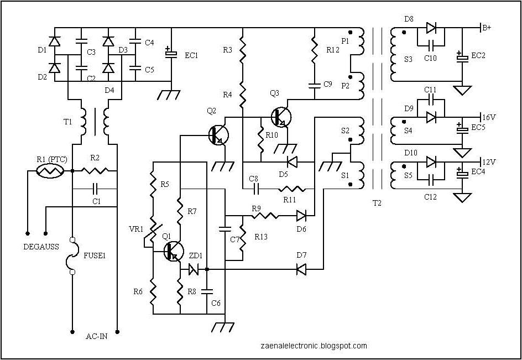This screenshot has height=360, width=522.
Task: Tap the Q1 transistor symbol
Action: click(x=174, y=251)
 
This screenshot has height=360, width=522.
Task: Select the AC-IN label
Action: click(x=97, y=336)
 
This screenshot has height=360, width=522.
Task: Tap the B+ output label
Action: click(x=487, y=28)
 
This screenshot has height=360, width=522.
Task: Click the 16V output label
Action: click(x=489, y=117)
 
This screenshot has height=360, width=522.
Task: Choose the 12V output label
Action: click(x=489, y=161)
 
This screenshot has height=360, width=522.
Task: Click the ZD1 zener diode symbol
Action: click(x=194, y=269)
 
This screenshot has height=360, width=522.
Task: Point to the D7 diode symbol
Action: click(x=301, y=269)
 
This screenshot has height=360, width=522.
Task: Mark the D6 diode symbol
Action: click(x=301, y=215)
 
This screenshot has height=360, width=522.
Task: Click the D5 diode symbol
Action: click(x=292, y=162)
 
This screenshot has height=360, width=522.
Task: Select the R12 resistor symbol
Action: click(x=314, y=50)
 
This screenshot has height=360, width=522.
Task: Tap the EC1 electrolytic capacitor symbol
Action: click(x=171, y=54)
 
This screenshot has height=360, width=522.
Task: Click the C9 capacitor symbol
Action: click(x=314, y=85)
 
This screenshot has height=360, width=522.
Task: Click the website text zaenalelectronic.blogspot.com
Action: click(x=313, y=346)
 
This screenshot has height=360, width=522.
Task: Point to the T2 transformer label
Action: click(x=377, y=203)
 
